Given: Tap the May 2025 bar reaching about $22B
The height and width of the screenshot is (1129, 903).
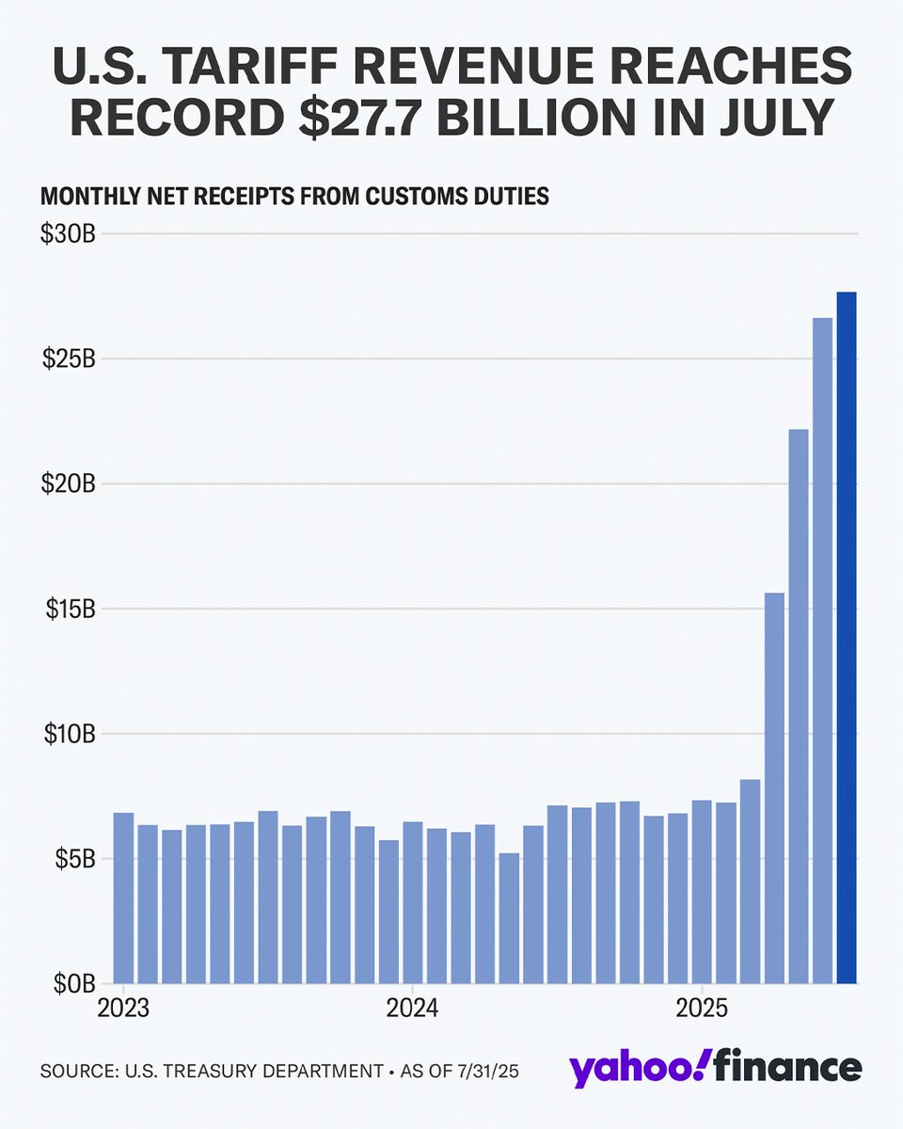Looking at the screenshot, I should [x=799, y=706].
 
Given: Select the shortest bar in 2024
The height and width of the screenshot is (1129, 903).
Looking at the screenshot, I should [x=508, y=918].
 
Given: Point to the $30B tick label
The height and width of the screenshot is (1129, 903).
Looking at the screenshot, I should [x=67, y=234].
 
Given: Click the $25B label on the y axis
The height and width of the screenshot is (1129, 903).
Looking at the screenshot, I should [x=67, y=359].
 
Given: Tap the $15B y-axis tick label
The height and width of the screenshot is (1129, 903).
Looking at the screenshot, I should [x=67, y=609].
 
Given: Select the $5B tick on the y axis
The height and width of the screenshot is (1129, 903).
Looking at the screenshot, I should [x=71, y=859].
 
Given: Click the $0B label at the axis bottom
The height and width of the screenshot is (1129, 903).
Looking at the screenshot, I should [x=71, y=984].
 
